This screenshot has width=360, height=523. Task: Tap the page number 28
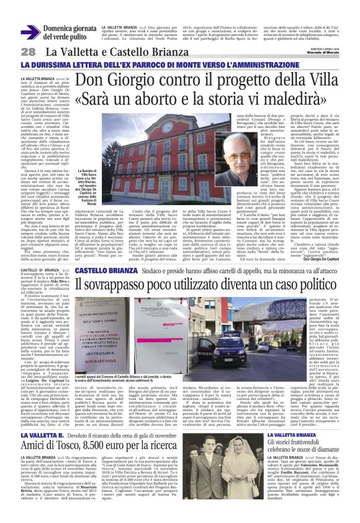(28, 52)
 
